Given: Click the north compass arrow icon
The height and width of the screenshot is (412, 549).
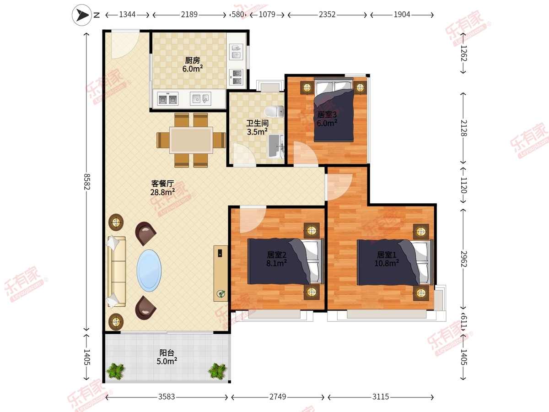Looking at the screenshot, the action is coord(82,15).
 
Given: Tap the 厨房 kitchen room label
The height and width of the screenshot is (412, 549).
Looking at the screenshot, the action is coord(192,60).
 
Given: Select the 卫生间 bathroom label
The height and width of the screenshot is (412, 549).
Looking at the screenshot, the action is coord(258,123).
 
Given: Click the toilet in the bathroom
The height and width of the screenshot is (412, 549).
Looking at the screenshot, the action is coord(274,112).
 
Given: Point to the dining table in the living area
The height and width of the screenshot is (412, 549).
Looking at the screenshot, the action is coord(191,140).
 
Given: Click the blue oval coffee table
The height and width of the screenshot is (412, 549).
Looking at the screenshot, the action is coord(149,271).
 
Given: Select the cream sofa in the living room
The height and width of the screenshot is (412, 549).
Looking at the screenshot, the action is coord(117,271).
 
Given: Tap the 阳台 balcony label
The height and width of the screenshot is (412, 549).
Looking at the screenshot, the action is coord(167,352).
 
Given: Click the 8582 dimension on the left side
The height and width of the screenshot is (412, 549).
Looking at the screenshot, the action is coord(86,182).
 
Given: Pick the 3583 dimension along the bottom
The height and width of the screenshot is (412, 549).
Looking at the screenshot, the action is coord(167,397).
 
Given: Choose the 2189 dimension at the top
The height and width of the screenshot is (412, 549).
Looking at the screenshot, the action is coord(189,15).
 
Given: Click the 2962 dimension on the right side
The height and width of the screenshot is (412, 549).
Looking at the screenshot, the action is coord(463,259).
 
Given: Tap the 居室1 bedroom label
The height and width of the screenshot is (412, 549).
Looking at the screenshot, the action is coord(387,255).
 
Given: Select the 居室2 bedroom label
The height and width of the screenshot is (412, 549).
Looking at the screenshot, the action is coord(277,255).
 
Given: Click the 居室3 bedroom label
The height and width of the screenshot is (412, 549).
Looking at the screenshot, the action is coord(327,114).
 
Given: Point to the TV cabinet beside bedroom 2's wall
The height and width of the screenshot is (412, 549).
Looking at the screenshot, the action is coord(221,273).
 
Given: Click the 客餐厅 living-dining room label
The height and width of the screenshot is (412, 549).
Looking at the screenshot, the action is coord(162,184).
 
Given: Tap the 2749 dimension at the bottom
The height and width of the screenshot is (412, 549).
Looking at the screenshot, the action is coord(278,397).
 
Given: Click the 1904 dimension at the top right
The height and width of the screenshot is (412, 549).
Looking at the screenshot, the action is coord(402,15).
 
